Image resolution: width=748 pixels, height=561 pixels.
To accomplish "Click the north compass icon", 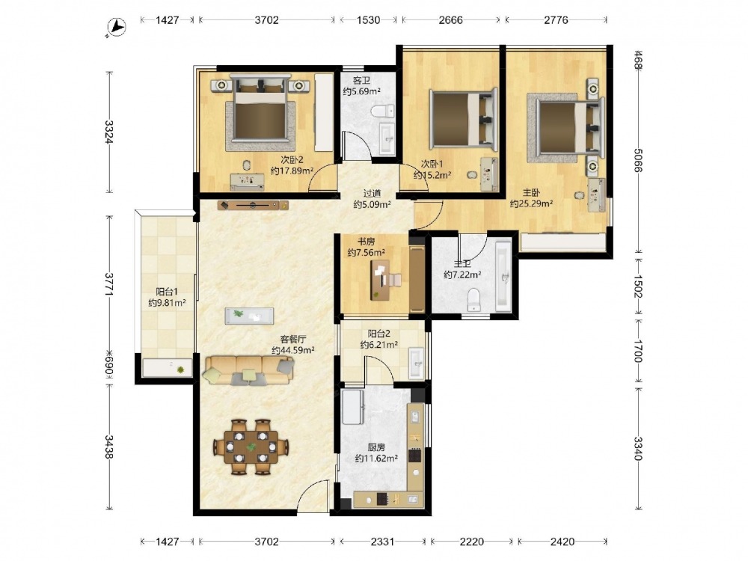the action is pos(116,27).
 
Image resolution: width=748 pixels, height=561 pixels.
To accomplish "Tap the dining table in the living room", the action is pos(251,447).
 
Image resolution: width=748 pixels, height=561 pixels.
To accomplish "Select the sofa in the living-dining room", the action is pos(248,370).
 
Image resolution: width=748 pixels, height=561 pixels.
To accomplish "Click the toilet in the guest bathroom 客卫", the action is pos(382,112).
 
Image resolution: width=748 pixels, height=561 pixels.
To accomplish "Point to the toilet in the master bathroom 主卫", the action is pos(473,299).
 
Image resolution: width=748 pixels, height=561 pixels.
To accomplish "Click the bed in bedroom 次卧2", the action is pos(260,108).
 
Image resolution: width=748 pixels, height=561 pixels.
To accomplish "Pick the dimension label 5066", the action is pos(638,160).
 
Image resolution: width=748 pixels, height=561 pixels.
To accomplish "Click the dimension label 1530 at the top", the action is pos(368,20).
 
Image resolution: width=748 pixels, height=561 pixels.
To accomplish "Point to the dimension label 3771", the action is pos(109,284).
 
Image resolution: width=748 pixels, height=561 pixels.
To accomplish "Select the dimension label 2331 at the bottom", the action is pos(382,542).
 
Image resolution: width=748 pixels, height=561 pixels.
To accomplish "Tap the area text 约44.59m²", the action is pos(292,351).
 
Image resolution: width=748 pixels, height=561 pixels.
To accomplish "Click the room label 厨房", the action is pos(376,447).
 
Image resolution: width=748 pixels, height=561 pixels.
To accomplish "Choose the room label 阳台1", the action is pos(167,292).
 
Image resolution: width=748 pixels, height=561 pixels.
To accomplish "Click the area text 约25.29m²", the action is pos(531,204).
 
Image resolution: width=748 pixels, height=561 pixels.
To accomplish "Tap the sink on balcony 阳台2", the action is pos(416,363).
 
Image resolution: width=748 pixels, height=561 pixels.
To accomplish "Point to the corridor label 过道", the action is pos(372,194).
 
